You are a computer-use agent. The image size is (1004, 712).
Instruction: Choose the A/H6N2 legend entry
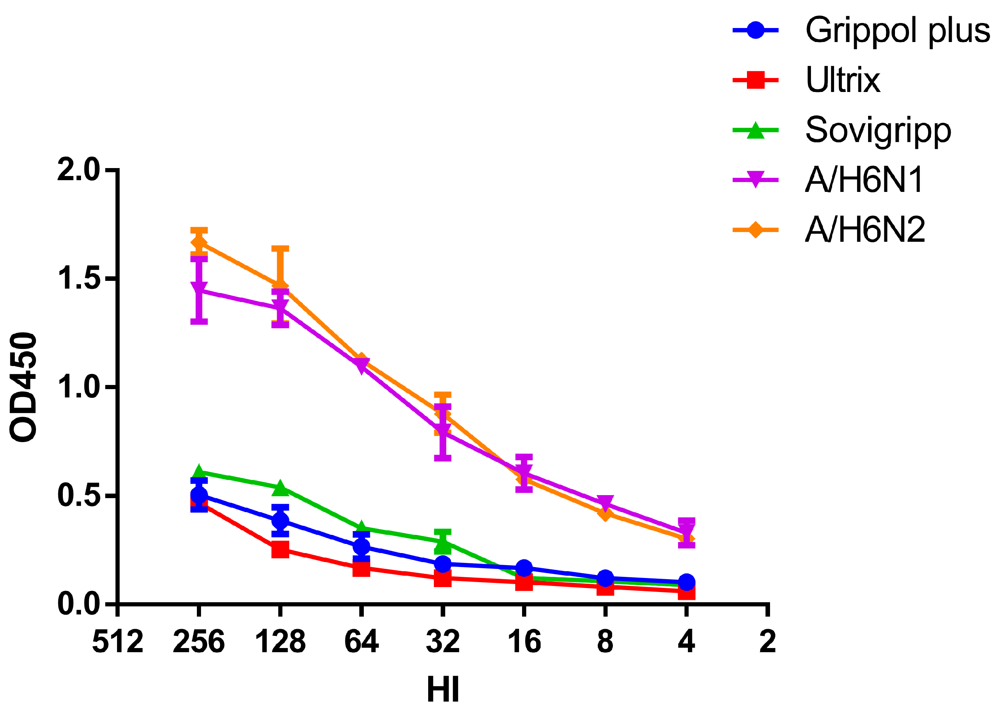[865, 230]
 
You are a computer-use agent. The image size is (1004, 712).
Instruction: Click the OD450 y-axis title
[24, 387]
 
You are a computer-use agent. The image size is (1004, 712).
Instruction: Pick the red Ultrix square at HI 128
[280, 549]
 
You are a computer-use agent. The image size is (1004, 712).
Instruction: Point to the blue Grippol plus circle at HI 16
[524, 568]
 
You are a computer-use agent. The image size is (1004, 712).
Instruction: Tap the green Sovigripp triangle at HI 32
[443, 544]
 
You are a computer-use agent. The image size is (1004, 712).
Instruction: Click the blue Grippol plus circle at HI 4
[687, 582]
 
